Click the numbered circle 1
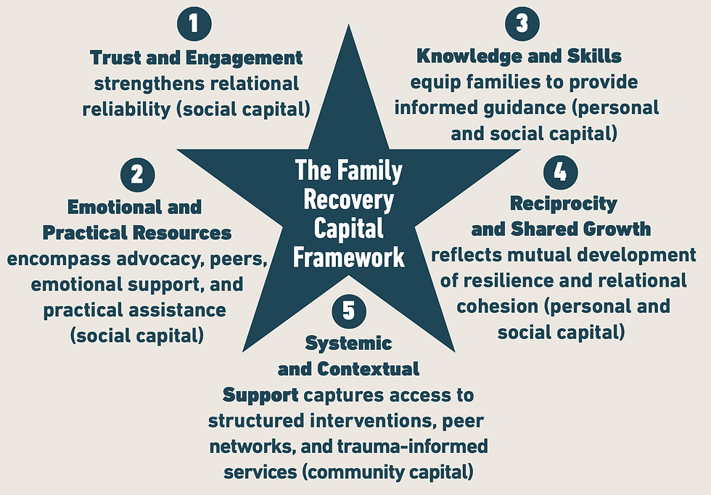(194, 24)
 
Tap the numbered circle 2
(138, 174)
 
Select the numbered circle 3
(522, 23)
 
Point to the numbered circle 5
(349, 310)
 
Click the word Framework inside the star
(349, 258)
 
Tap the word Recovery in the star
(349, 200)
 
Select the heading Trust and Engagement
(196, 57)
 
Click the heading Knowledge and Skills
(519, 56)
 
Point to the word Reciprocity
(563, 203)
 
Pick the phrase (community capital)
(389, 472)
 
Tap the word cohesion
(494, 306)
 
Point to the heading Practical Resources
(138, 233)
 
